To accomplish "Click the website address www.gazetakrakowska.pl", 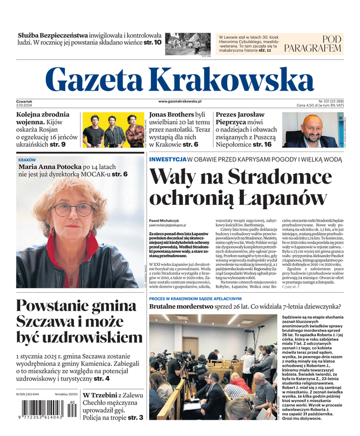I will pos(180,101).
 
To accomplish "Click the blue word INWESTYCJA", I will pos(168,159).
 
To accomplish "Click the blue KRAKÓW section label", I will pos(27,160).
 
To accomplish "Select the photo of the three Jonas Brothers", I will pos(113,129).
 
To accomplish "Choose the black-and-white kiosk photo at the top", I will pos(187,44).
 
